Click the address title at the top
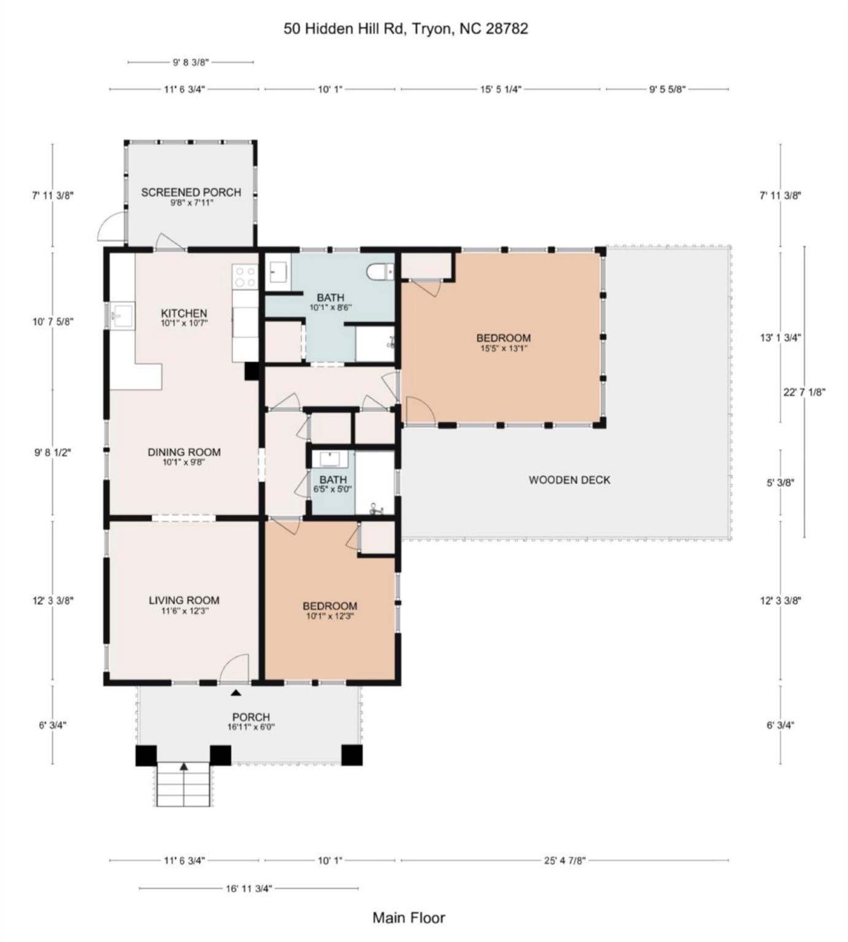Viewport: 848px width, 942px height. pos(406,29)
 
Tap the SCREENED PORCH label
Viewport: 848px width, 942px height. pos(191,192)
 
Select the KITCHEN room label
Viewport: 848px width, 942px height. pos(184,313)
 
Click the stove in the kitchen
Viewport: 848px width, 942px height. pos(245,277)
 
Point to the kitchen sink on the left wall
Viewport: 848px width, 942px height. pos(118,316)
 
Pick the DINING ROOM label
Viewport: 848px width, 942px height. pos(184,452)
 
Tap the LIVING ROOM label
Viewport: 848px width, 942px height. pos(183,600)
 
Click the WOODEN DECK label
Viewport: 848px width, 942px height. pos(569,480)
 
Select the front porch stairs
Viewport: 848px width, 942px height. pos(183,784)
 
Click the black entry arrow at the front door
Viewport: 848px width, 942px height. pos(236,693)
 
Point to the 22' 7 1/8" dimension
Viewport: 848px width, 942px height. pos(804,392)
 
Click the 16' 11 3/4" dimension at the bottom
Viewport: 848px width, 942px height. pos(249,888)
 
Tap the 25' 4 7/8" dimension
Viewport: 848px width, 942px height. pos(565,860)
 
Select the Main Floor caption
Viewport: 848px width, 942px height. pos(409,917)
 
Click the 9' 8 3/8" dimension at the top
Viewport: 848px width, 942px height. pos(191,62)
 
